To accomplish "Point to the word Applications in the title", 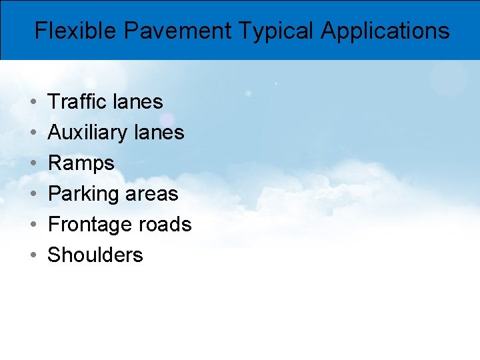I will tap(385, 31).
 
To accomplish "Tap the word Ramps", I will tap(81, 163).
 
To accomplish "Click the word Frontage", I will tap(89, 225).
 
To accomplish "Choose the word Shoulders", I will tap(95, 255).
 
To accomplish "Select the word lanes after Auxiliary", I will tap(159, 132).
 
